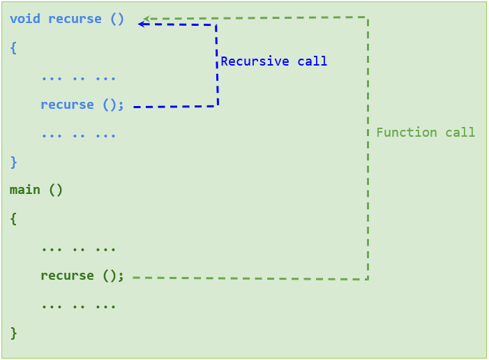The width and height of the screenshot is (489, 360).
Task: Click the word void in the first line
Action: coord(25,19)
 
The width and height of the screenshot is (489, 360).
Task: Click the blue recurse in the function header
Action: coord(75,19)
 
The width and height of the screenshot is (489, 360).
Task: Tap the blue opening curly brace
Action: coord(13,47)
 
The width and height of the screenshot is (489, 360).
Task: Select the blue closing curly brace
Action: coord(13,162)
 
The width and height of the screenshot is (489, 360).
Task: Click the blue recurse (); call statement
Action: coord(82,105)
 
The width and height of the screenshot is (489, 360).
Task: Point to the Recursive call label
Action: coord(273,61)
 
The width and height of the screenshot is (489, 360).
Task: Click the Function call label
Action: coord(426,133)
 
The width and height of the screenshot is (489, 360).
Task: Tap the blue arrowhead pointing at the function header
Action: coord(142,24)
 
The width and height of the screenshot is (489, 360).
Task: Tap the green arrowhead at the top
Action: coord(146,20)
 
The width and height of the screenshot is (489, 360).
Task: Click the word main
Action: coord(25,190)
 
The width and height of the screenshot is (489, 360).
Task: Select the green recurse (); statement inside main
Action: coord(82,276)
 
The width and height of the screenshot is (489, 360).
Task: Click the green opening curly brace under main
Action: coord(13,218)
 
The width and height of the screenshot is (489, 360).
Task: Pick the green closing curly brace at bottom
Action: coord(13,333)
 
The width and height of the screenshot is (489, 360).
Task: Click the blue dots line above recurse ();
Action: coord(78,77)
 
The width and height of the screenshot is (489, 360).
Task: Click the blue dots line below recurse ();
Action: coord(78,134)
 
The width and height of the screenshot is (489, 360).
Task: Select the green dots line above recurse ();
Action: coord(78,248)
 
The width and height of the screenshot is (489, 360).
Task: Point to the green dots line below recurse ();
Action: coord(78,306)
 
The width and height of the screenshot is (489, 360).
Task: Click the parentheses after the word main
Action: coord(56,190)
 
